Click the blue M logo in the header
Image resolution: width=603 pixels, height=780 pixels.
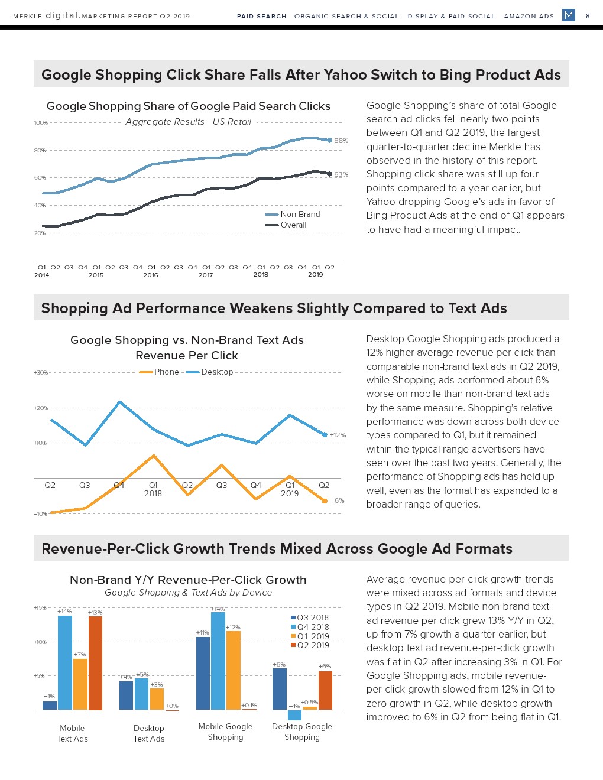pos(568,15)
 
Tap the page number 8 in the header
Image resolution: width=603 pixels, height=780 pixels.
pos(588,16)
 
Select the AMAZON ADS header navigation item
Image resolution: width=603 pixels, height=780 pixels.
pos(529,16)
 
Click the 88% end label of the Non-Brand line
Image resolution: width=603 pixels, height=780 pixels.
pos(341,141)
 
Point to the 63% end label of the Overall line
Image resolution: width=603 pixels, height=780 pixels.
pos(341,174)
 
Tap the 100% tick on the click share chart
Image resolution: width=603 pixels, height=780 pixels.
pos(40,123)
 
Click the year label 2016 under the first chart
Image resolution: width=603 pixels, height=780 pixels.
pos(151,275)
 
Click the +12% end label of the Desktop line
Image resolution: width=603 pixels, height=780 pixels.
pos(338,435)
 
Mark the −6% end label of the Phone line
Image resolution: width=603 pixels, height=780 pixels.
pos(336,500)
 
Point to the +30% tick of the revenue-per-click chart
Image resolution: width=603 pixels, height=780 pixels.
pos(40,373)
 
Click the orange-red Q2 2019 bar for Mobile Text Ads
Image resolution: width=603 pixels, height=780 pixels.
pos(95,662)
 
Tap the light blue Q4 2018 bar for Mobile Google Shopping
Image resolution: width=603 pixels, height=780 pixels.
pos(218,661)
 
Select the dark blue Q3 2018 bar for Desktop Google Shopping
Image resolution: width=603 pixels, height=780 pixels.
pos(279,688)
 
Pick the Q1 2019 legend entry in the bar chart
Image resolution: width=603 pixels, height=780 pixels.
pos(313,636)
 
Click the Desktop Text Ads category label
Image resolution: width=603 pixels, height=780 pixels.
pos(149,733)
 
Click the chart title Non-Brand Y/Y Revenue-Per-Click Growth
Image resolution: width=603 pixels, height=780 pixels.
pos(188,580)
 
